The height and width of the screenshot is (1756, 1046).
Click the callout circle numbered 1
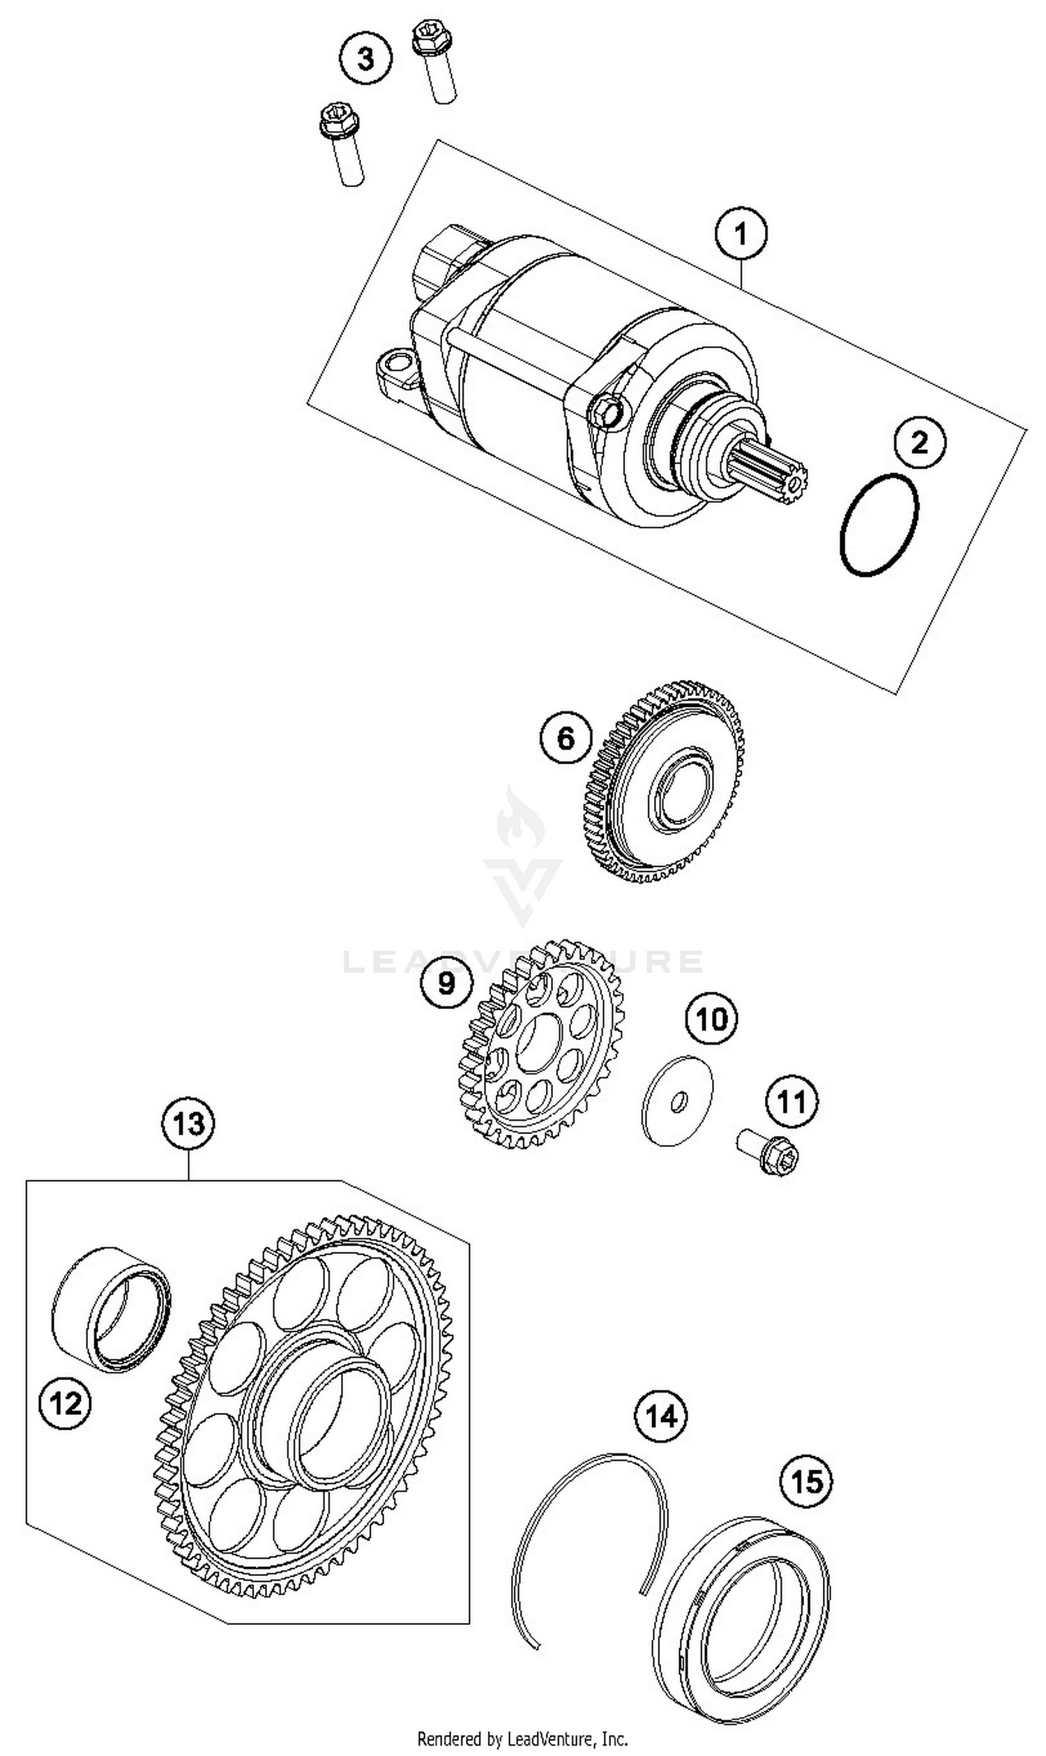741,234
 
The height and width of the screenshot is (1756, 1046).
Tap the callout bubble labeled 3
366,59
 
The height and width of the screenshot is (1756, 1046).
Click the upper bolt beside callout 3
434,62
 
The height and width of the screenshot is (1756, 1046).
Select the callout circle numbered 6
566,739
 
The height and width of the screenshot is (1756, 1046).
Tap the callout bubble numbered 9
446,983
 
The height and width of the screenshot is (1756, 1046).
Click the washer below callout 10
677,1101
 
